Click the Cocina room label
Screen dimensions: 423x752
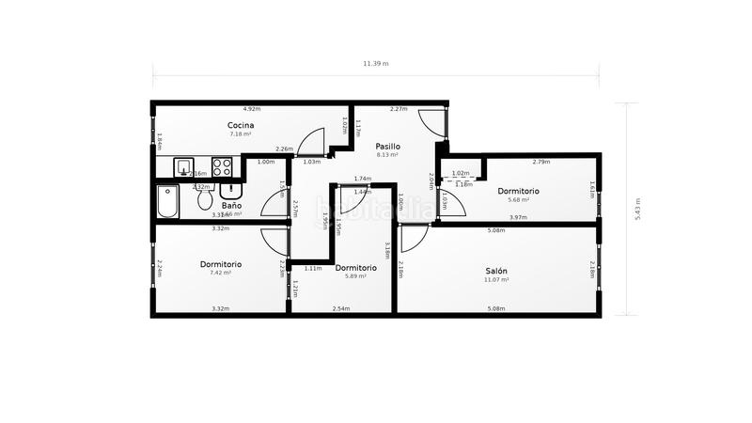241,125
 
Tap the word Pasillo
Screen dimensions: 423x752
387,146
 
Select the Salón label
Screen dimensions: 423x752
496,270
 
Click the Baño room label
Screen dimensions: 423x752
231,205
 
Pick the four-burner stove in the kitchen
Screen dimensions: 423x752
223,167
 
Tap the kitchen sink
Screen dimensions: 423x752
183,168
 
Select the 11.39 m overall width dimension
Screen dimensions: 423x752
376,64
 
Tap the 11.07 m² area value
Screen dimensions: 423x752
496,279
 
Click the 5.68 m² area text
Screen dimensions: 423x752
518,199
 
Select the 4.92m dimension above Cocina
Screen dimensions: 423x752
251,109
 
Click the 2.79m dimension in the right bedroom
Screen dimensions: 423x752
540,162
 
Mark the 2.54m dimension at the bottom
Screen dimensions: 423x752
341,308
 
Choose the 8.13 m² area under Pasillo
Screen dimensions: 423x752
387,155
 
